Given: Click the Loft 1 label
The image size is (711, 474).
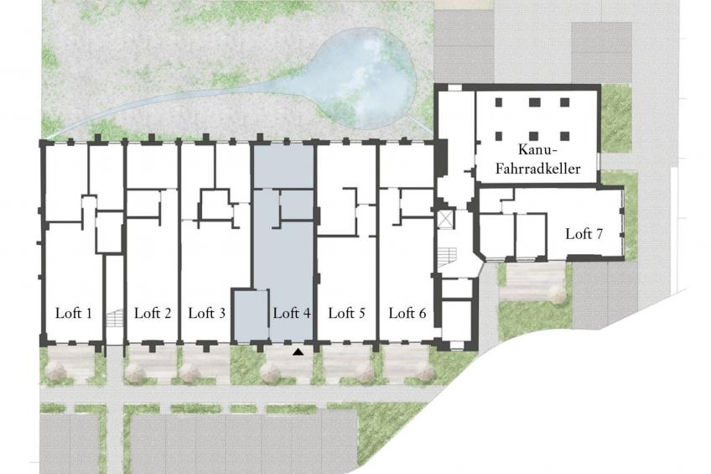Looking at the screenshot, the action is coord(74,313).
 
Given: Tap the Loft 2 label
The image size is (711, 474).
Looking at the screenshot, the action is coord(153,313).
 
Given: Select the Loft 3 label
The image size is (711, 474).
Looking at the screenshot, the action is coord(207,313).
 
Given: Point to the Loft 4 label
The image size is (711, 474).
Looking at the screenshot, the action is coord(292,313).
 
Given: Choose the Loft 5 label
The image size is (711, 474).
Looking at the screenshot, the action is coord(346,313).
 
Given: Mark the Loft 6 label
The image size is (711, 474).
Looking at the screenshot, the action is coord(407,313).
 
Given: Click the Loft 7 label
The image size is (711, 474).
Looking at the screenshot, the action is coord(584,234).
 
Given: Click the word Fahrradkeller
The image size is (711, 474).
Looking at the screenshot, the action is coord(537,169).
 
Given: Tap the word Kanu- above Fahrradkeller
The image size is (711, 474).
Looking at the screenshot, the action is coord(537,149).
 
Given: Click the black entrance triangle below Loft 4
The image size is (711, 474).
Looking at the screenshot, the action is coord(298,351).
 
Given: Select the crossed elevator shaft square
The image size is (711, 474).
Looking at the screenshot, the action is coord(445,220).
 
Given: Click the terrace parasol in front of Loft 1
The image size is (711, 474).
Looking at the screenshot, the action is coord(58,371).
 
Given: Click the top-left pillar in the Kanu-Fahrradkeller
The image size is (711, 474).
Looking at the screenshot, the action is coord(499,102).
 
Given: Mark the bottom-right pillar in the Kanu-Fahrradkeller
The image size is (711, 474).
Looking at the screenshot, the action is coord(564,136).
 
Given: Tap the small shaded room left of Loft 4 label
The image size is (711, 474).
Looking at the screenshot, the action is coord(251,315).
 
